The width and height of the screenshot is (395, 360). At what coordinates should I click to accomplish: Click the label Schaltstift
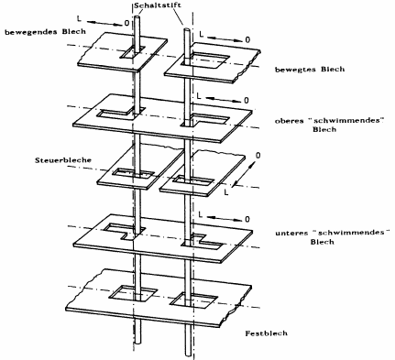[x=157, y=5]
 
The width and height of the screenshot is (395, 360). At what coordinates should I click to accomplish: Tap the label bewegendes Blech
[x=45, y=32]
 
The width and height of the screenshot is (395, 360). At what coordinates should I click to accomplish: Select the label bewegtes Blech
[x=310, y=70]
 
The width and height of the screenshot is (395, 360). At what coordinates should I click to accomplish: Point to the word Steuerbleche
[x=63, y=160]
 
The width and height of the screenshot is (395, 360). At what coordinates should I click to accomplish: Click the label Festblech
[x=267, y=333]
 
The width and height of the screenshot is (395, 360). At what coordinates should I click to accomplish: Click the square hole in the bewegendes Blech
[x=133, y=52]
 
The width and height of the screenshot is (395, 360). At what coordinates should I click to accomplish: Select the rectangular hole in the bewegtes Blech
[x=205, y=60]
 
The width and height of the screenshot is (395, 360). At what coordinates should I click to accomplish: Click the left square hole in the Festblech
[x=133, y=294]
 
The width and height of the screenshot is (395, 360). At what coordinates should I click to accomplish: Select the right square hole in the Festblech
[x=193, y=300]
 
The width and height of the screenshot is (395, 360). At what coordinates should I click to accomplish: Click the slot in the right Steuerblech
[x=193, y=180]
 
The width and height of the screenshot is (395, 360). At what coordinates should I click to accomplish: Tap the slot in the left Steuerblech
[x=133, y=173]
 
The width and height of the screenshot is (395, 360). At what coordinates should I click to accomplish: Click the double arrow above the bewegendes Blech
[x=105, y=23]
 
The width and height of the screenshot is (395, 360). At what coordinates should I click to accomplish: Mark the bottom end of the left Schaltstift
[x=138, y=344]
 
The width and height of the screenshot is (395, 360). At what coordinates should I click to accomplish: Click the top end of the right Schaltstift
[x=187, y=29]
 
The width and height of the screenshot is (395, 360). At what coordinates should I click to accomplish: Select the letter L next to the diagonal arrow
[x=225, y=193]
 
